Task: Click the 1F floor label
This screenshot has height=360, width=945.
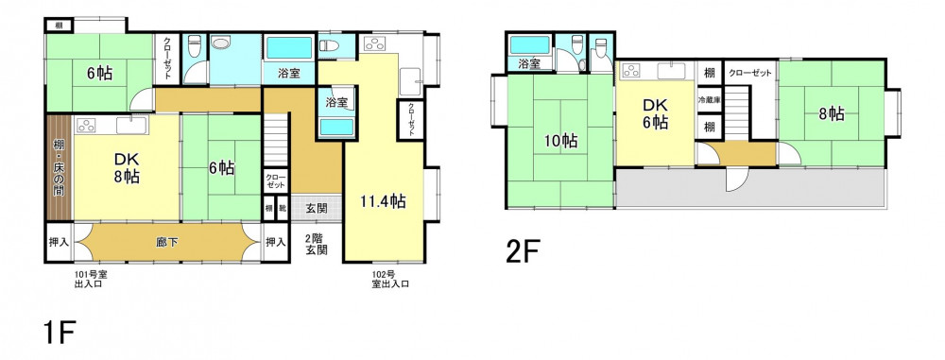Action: [59, 333]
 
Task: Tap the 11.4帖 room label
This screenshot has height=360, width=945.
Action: [383, 201]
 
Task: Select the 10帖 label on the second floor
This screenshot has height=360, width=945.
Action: [561, 141]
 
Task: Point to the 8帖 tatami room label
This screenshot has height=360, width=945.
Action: [831, 113]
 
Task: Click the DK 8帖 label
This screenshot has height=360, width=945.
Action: [127, 168]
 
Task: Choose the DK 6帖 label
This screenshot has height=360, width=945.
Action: [654, 113]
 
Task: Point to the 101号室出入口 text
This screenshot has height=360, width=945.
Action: [90, 279]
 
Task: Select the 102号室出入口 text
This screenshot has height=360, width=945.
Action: [390, 279]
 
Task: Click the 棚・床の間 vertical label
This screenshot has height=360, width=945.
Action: [59, 167]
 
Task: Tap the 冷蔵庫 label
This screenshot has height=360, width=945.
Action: [710, 100]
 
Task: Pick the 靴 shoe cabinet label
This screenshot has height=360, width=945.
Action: [282, 209]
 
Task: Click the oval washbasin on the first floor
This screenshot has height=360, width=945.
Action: [221, 43]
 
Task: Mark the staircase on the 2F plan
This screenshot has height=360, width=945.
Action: [736, 112]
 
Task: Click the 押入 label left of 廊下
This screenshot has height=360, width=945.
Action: [59, 242]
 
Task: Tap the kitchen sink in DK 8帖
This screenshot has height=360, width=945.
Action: [131, 126]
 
